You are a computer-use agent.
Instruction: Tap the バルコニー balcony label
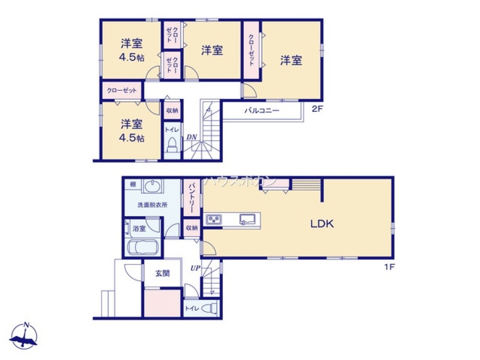[x=262, y=110]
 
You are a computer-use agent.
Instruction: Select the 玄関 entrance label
[x=162, y=274]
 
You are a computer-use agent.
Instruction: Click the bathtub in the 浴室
[x=143, y=248]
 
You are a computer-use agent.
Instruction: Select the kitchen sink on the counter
[x=248, y=219]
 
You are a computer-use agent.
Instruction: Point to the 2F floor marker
[x=316, y=109]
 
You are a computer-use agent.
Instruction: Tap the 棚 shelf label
[x=132, y=184]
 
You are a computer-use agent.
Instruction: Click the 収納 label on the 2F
[x=172, y=111]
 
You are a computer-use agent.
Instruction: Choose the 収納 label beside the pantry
[x=191, y=228]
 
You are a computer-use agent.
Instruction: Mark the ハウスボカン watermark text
[x=240, y=181]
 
